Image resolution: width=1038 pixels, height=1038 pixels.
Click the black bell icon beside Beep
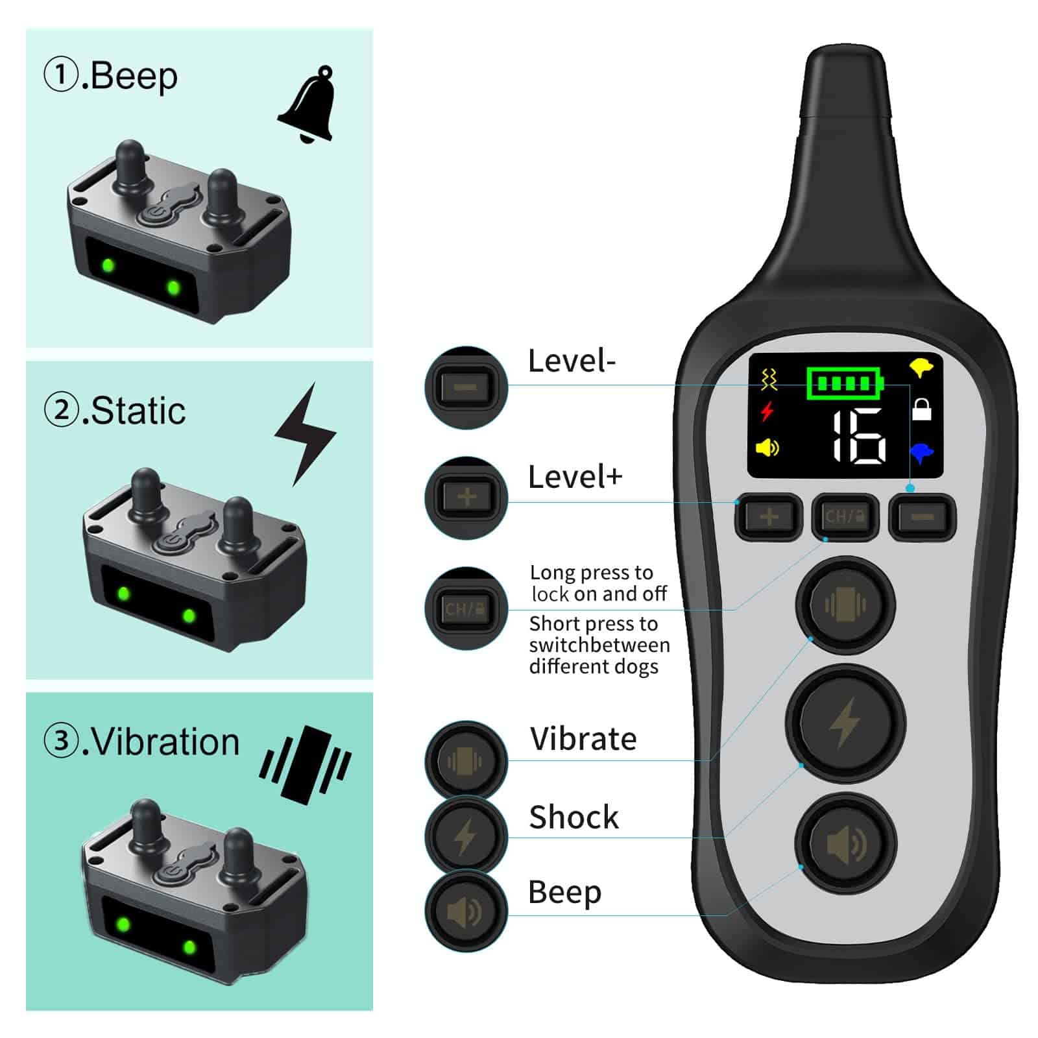pos(307,105)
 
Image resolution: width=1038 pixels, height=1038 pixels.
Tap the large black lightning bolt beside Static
pos(305,434)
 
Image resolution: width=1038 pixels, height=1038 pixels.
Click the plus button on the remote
pos(769,517)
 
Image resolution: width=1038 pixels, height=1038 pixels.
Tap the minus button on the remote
pos(923,517)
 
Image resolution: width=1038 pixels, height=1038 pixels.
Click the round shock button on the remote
pos(845,721)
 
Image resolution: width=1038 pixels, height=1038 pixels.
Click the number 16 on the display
pos(858,437)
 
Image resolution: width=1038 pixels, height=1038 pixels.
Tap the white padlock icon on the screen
pos(921,409)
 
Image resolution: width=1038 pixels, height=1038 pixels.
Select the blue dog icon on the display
pos(922,452)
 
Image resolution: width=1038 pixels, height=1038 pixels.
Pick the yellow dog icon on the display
pos(921,367)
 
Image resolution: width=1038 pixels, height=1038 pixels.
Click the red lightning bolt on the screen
pos(767,411)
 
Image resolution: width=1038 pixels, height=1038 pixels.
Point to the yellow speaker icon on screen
pos(767,448)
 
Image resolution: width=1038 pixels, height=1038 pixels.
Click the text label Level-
pos(572,361)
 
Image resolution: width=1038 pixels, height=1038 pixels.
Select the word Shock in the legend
pos(574,817)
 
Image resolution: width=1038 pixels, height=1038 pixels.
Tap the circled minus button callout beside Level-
pos(466,387)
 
